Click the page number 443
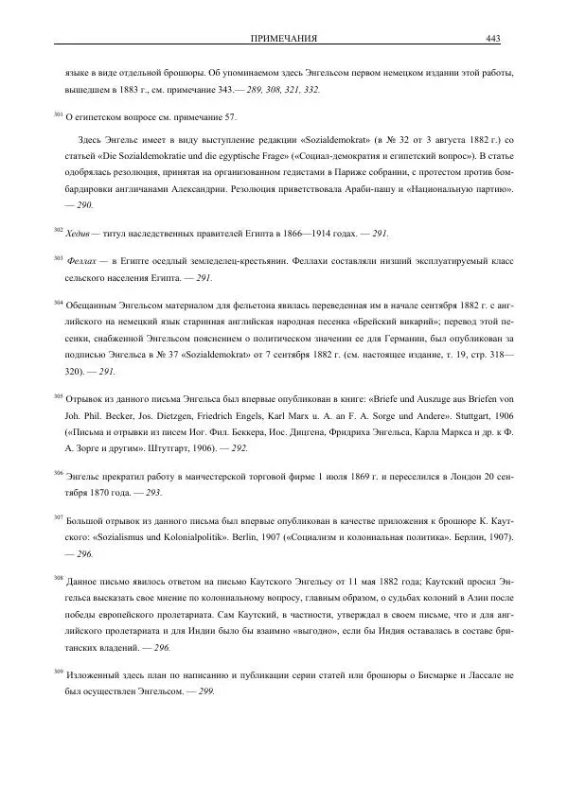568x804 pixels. pos(492,39)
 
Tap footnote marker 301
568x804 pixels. pos(58,114)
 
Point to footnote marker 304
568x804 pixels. pos(58,303)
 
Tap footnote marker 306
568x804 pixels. pos(58,472)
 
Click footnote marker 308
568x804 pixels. pos(58,577)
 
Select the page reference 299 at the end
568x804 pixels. pos(204,691)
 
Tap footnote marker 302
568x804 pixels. pos(58,229)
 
